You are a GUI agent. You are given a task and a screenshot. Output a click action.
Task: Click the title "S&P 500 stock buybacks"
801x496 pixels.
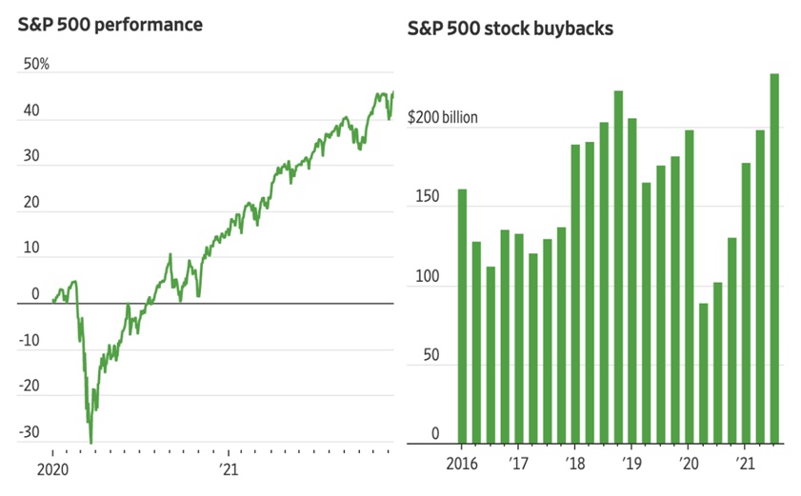[x=510, y=29]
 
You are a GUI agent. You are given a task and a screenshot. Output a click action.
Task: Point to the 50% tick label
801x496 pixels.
[x=36, y=65]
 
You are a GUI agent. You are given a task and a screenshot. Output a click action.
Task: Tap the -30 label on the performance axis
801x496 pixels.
[x=31, y=431]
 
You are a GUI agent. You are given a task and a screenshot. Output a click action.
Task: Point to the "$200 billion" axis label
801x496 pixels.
[x=443, y=118]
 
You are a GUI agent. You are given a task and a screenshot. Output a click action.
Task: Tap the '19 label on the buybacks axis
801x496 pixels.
[x=632, y=466]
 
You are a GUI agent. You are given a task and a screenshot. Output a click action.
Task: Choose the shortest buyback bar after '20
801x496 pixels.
[x=704, y=372]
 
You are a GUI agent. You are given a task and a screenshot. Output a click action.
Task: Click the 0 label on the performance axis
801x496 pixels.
[x=36, y=294]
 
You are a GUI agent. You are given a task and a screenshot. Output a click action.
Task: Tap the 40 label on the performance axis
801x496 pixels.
[x=31, y=110]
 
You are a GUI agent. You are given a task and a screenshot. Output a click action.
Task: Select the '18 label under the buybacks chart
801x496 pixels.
[x=576, y=466]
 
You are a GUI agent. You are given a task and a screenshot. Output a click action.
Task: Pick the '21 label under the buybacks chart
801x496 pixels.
[x=745, y=466]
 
